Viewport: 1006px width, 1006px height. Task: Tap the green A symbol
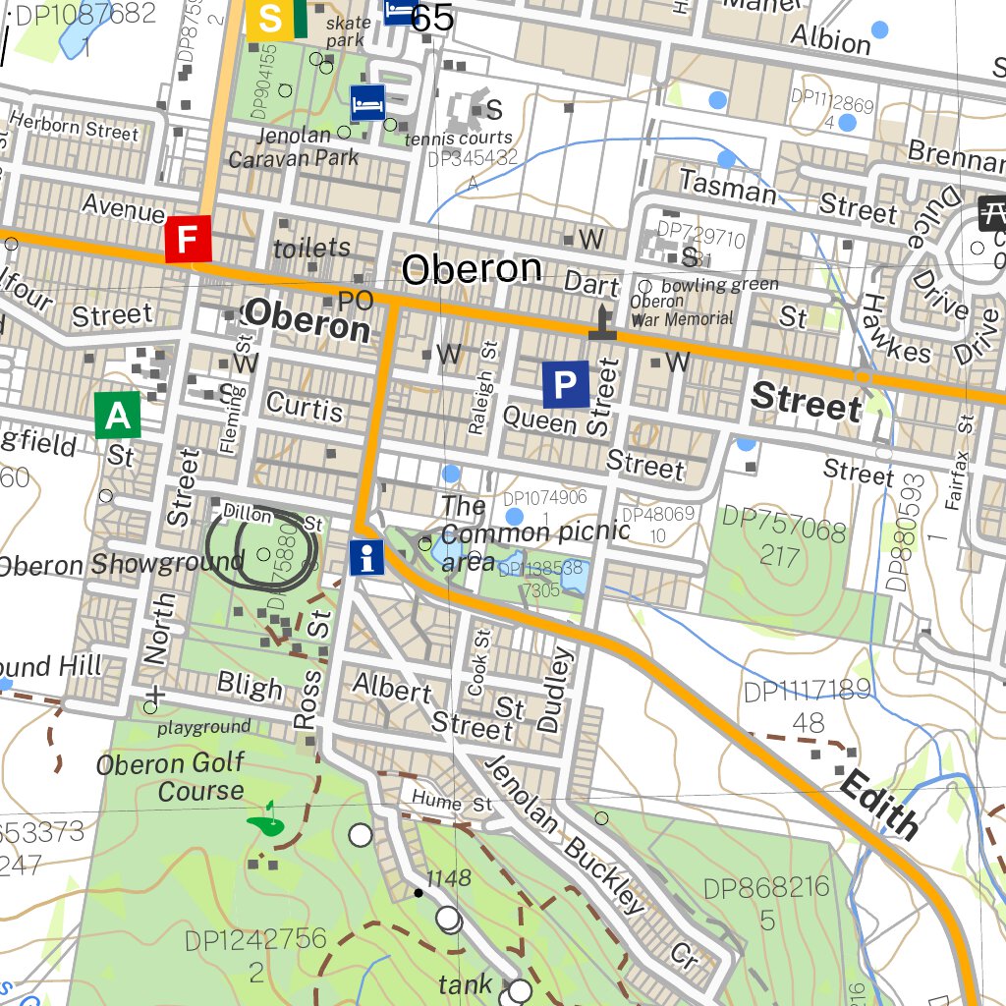(118, 416)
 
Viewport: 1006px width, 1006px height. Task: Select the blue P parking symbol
(565, 384)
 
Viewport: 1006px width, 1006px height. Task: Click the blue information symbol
(367, 558)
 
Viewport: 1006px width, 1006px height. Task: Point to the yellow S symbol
(268, 20)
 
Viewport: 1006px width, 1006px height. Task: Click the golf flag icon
(265, 819)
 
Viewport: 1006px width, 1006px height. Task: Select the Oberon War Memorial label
(681, 310)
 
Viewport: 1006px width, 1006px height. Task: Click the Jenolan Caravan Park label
(294, 146)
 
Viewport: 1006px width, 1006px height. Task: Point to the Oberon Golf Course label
(170, 777)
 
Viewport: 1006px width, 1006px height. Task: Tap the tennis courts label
(458, 139)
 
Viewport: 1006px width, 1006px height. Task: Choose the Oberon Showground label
(121, 564)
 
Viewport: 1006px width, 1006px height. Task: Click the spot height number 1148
(449, 878)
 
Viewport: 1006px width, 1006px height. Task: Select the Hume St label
(452, 802)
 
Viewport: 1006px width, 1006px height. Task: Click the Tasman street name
(728, 184)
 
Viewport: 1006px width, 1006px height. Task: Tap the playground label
(204, 728)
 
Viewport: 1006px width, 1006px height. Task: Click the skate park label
(349, 31)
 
